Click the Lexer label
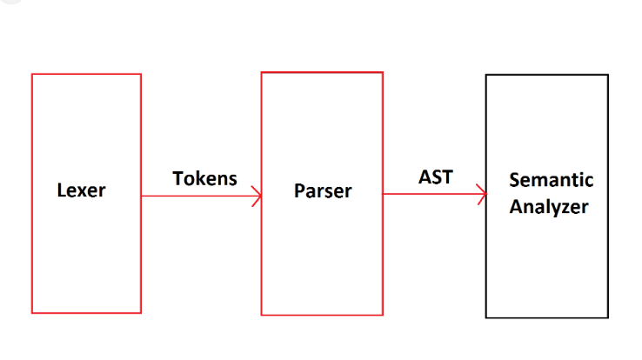(81, 190)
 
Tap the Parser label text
(323, 190)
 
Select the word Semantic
(552, 180)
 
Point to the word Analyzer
(549, 207)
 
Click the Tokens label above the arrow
(204, 178)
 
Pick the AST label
(435, 177)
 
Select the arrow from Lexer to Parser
(200, 196)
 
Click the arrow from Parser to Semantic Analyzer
(433, 194)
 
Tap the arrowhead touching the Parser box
(256, 196)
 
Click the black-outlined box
(546, 261)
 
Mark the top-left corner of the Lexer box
(32, 75)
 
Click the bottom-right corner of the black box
(607, 317)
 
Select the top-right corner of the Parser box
(382, 72)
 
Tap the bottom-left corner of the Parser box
(262, 315)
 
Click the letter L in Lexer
(61, 190)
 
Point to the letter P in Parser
(299, 190)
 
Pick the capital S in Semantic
(514, 180)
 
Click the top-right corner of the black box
(607, 76)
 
